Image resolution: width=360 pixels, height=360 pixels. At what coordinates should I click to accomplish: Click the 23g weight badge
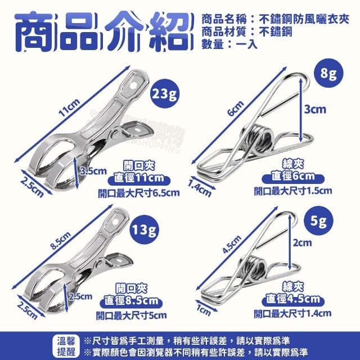(164, 94)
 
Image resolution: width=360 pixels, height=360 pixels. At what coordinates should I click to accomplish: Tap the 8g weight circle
(328, 73)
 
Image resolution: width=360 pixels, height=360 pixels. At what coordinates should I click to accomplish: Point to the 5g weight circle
(318, 221)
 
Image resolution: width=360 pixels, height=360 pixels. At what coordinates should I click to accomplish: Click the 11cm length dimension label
(69, 107)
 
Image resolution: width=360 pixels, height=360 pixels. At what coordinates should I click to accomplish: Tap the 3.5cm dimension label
(93, 171)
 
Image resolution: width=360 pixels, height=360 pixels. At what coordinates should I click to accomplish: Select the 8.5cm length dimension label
(61, 240)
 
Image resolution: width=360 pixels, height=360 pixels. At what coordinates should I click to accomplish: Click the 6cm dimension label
(236, 108)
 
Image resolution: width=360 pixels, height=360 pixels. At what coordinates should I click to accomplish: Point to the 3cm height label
(315, 109)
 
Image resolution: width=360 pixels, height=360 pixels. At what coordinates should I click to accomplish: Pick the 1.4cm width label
(200, 188)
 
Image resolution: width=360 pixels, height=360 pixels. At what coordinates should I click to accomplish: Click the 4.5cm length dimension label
(232, 244)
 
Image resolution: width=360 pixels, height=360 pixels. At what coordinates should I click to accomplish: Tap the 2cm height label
(302, 242)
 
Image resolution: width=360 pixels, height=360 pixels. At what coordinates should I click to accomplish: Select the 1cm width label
(204, 310)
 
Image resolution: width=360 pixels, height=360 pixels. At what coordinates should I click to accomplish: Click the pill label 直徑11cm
(139, 178)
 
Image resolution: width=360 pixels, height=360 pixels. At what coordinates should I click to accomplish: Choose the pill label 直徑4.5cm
(292, 299)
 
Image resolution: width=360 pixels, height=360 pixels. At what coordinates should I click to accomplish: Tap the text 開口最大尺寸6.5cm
(139, 193)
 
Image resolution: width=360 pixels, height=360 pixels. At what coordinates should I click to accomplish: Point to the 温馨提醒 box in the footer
(66, 346)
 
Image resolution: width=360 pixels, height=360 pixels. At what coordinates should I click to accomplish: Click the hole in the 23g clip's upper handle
(133, 85)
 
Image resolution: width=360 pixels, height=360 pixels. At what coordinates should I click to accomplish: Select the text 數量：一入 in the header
(229, 44)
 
